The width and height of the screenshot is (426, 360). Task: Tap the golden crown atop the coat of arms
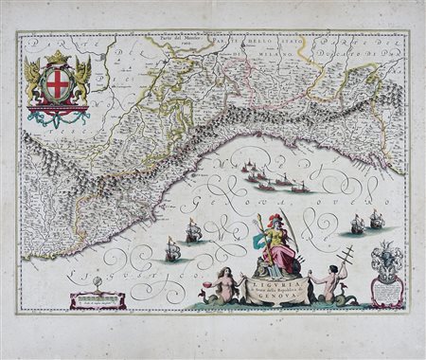[59, 60]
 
